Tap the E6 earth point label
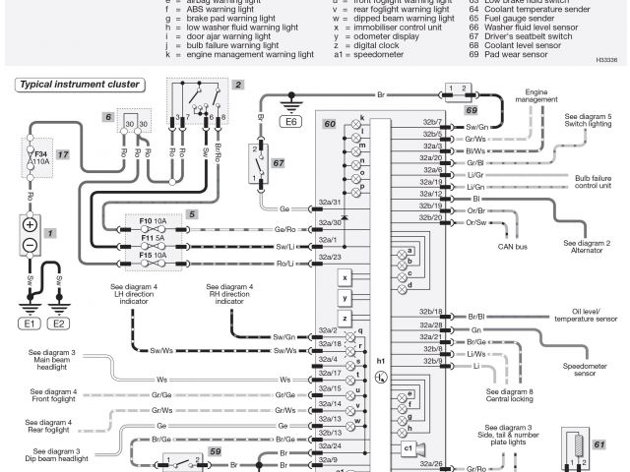pos(290,123)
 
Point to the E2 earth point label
pos(59,323)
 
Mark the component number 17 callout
pos(62,154)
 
